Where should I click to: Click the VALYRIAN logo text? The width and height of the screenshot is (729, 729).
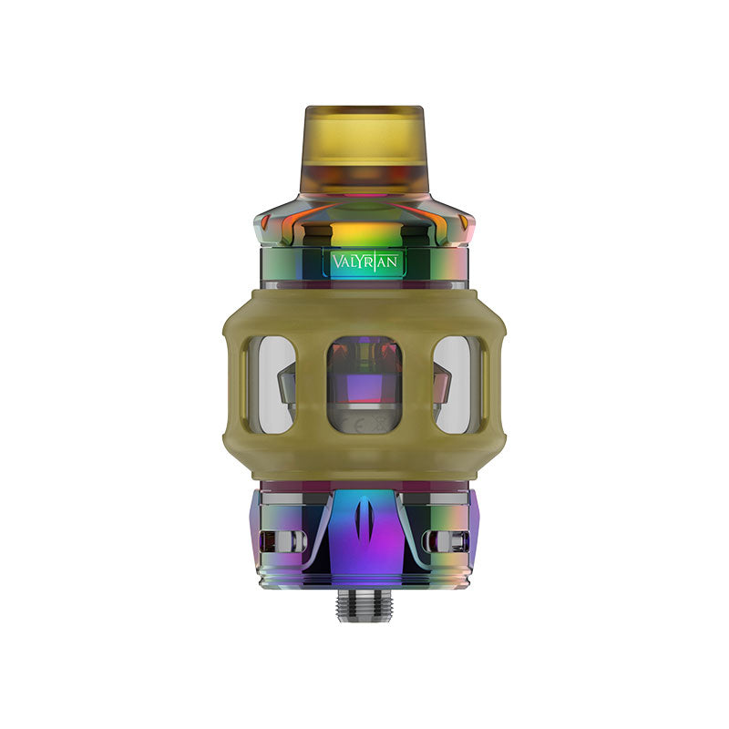click(x=364, y=262)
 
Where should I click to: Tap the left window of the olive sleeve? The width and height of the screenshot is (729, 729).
click(x=272, y=384)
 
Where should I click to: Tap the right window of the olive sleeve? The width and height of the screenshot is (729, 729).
click(x=457, y=384)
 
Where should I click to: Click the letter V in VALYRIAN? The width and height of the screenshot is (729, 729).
click(x=334, y=262)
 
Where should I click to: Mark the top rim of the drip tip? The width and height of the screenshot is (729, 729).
click(x=364, y=109)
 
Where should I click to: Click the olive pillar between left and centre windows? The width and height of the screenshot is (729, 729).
click(x=312, y=384)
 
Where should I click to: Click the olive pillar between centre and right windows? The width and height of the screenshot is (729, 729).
click(x=417, y=384)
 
